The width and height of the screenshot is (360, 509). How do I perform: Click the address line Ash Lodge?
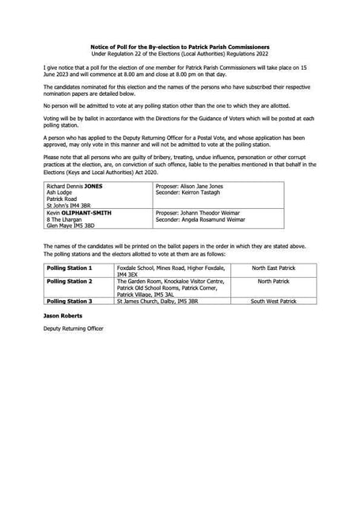(59, 192)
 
